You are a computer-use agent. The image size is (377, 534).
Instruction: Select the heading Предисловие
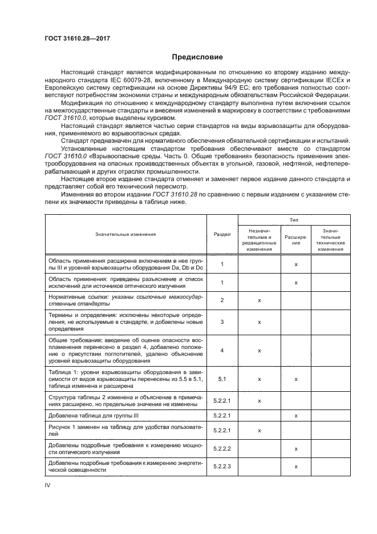coord(188,57)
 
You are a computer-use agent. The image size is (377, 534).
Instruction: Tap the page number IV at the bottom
coord(47,486)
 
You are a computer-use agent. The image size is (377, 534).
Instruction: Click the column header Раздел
coord(222,234)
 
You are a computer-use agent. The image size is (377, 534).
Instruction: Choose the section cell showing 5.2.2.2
coord(222,449)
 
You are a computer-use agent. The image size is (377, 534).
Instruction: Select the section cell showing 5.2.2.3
coord(222,467)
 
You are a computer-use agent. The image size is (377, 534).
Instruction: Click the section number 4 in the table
coord(222,350)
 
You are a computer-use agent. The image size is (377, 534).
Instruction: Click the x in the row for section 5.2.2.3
coord(296,467)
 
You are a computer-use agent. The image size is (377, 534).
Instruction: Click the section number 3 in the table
coord(222,322)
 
